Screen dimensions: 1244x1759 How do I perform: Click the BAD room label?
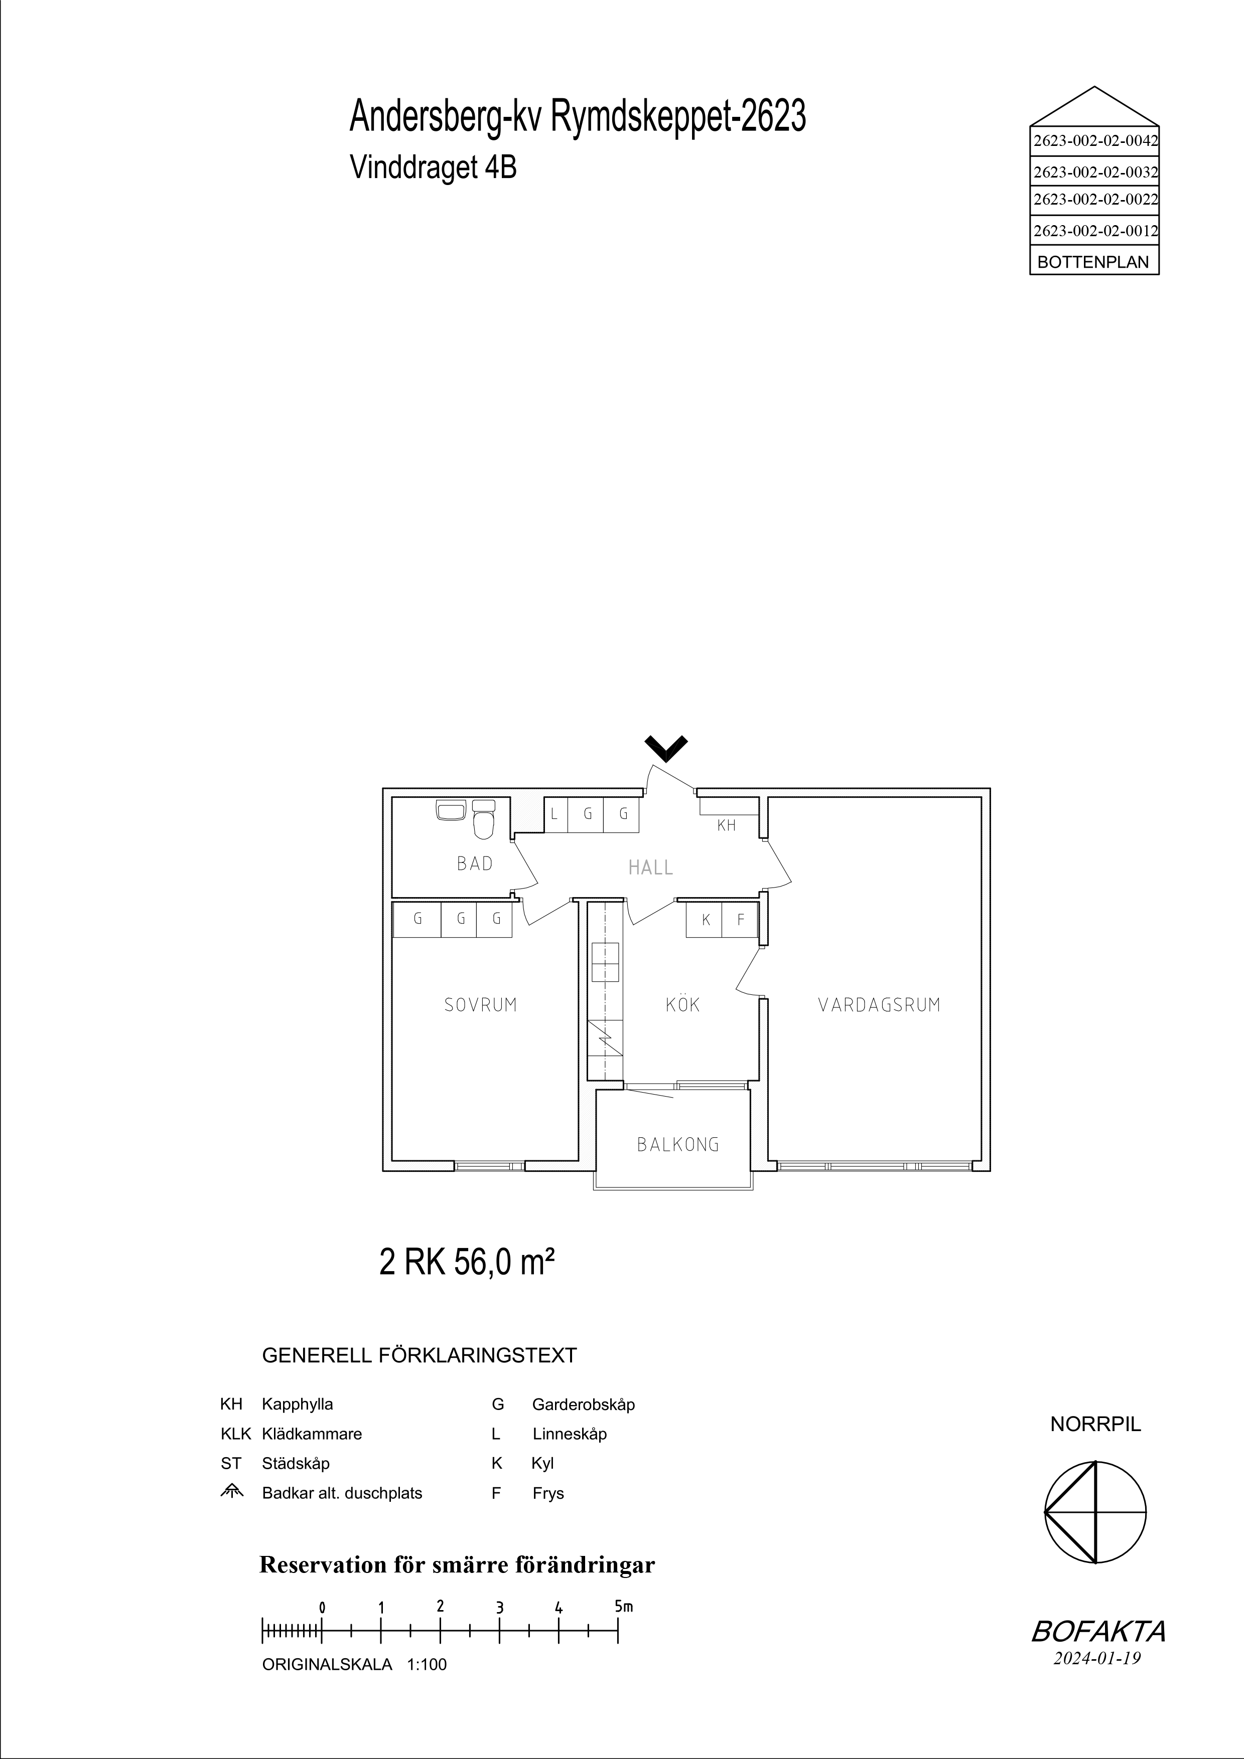coord(474,863)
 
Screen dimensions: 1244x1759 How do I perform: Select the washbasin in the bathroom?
coord(451,810)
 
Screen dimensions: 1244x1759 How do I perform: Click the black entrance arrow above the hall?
coord(666,748)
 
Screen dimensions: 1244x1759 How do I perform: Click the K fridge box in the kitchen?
coord(705,920)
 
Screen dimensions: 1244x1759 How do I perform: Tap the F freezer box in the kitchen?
coord(740,920)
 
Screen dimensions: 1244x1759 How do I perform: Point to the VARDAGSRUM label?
coord(879,1005)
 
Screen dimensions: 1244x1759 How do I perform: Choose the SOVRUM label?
coord(481,1005)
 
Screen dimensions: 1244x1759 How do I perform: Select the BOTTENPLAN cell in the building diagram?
coord(1094,262)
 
